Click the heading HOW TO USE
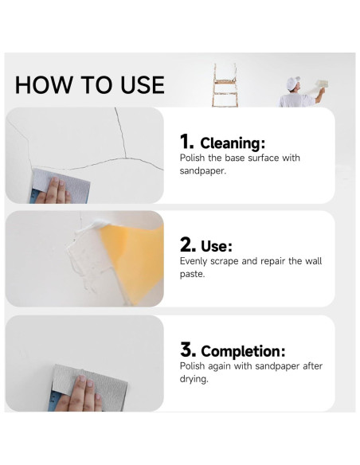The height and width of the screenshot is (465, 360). [x=89, y=84]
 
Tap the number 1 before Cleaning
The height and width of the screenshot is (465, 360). [x=186, y=143]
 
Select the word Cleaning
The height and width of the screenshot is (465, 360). [x=232, y=143]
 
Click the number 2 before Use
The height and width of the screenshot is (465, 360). [x=188, y=245]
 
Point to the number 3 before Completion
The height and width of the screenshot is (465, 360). [x=188, y=350]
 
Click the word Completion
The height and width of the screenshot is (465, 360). [x=243, y=351]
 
